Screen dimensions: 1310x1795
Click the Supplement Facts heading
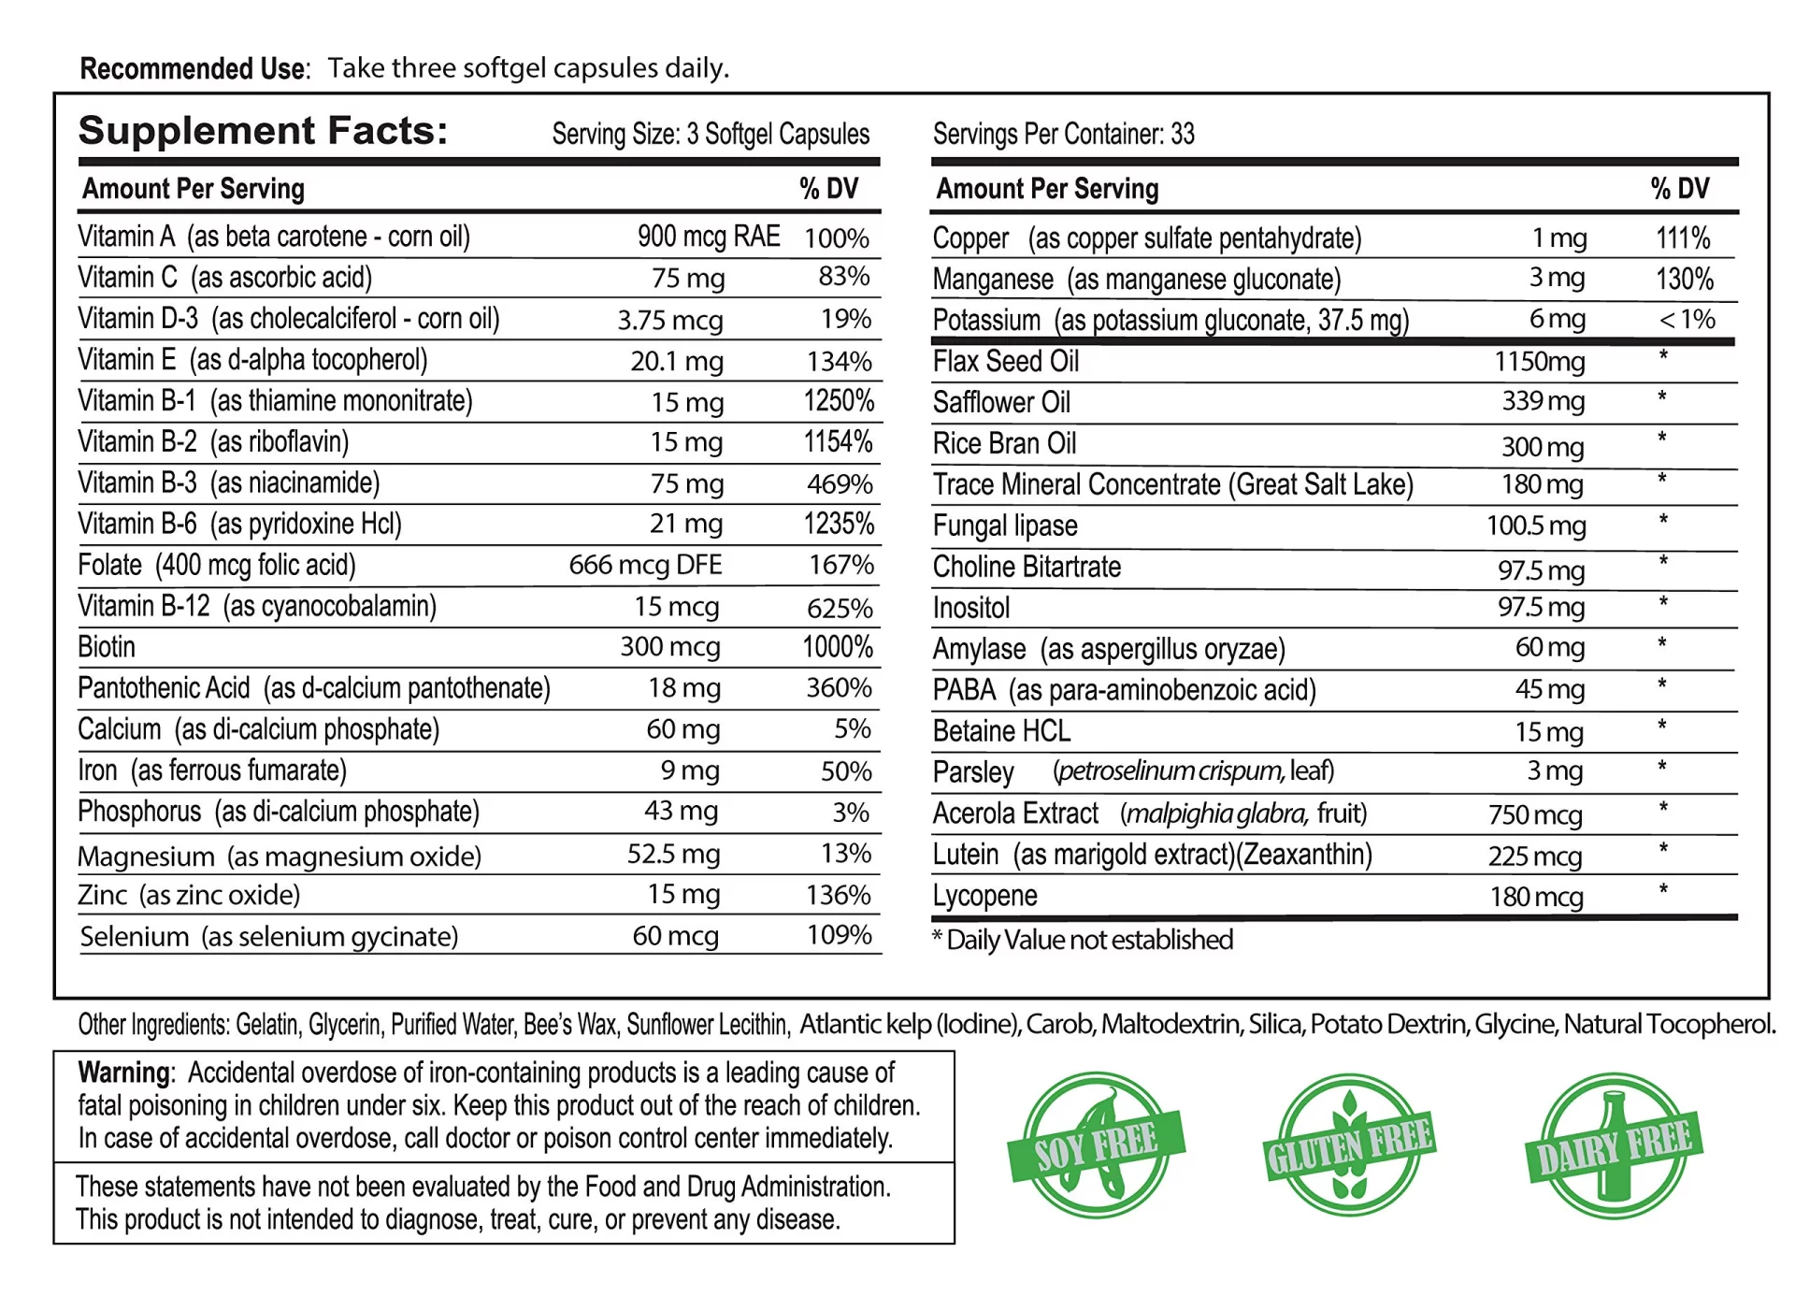[x=263, y=131]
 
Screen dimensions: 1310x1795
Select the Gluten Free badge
[x=1349, y=1146]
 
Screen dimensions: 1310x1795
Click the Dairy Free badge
[x=1614, y=1146]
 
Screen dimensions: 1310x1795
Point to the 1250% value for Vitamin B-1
[x=839, y=401]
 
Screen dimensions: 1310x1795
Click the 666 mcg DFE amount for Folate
[x=645, y=565]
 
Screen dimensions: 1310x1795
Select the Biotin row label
[x=107, y=647]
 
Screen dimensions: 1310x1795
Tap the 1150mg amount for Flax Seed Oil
[x=1539, y=362]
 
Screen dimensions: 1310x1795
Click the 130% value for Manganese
[x=1685, y=279]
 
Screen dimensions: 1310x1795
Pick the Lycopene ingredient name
[x=984, y=896]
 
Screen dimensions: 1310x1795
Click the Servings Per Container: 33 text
[x=1063, y=135]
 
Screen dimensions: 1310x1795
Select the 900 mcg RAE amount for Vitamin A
[x=709, y=237]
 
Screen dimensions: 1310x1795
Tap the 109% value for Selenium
[x=839, y=935]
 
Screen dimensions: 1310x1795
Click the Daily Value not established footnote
[x=1083, y=940]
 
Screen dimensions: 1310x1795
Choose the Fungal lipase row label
[x=1005, y=525]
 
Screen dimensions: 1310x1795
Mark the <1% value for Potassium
[x=1687, y=320]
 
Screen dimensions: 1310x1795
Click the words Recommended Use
[x=194, y=68]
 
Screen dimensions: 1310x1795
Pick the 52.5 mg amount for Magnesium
[x=673, y=854]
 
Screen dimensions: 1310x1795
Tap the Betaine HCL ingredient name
[x=1001, y=731]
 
